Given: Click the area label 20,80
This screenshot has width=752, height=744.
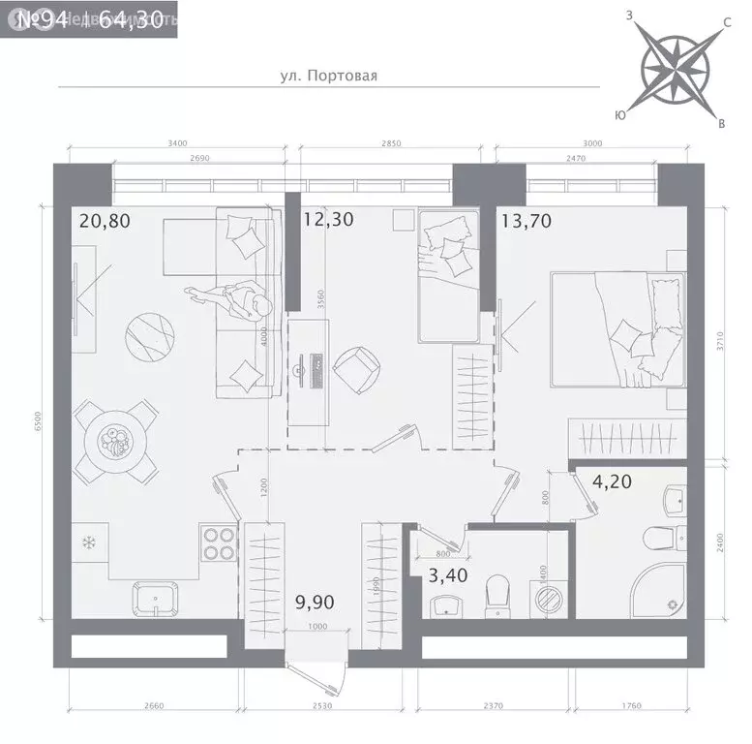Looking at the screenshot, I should [x=104, y=221].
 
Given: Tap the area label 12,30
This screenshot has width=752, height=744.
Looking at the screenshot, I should [x=328, y=220].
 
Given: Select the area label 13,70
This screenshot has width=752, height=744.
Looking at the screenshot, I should [x=526, y=220].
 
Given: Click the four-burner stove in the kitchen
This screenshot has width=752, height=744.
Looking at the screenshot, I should [x=219, y=544].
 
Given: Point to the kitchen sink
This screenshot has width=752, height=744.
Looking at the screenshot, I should [x=156, y=598].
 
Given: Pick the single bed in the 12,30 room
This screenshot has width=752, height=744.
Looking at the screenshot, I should [x=447, y=276].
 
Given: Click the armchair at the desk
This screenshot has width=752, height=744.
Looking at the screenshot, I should [x=354, y=367].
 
